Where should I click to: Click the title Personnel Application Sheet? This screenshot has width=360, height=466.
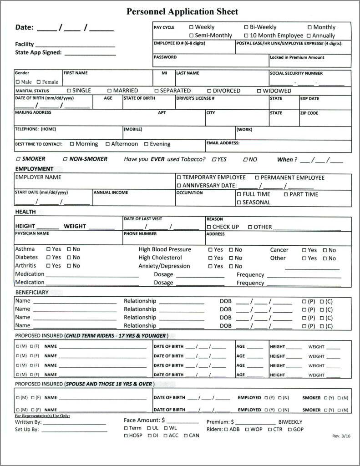pos(182,12)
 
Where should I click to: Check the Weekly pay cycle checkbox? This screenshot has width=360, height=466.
pos(191,27)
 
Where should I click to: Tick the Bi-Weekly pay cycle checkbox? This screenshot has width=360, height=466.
pos(246,27)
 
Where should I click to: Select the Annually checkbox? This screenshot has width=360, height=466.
pos(309,35)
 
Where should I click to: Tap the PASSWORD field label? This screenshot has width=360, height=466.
pos(165,57)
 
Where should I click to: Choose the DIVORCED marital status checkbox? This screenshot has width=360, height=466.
pos(209,91)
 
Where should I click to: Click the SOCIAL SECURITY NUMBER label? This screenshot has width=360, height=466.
pos(296,73)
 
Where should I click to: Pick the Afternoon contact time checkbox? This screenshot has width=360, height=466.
pos(107,144)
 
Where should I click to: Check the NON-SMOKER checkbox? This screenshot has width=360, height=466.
pos(66,159)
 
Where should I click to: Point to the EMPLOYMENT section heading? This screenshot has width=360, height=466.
pos(34,169)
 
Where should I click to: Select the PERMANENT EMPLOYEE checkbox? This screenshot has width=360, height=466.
pos(257,177)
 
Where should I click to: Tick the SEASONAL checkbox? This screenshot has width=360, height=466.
pos(238,203)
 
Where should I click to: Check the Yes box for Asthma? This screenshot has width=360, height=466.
pos(48,249)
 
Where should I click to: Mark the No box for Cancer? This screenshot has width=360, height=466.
pos(325,250)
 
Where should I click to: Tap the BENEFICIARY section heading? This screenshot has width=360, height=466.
pos(32,292)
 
